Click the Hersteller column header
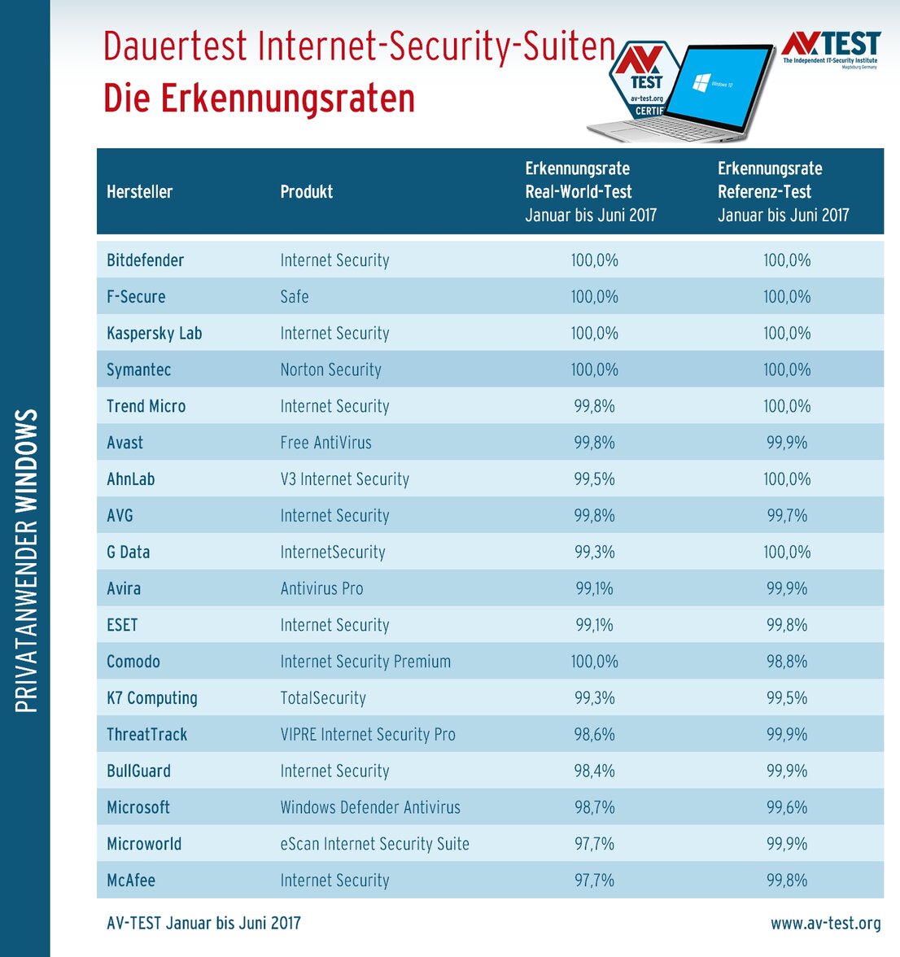click(139, 192)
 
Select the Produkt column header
click(306, 192)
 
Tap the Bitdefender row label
click(145, 260)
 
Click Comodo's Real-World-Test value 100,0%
click(594, 662)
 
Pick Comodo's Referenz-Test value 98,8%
click(786, 662)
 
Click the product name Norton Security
click(330, 370)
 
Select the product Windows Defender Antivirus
click(370, 807)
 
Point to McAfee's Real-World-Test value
click(594, 881)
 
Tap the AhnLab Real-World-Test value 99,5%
click(594, 479)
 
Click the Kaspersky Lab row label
click(154, 334)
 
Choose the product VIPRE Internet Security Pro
click(368, 735)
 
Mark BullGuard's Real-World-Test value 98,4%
click(594, 771)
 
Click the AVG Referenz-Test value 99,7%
click(786, 516)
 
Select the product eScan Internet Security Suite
click(374, 844)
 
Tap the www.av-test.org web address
click(825, 923)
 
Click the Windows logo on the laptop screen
click(701, 82)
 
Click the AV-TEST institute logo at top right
click(830, 48)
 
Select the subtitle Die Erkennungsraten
click(259, 98)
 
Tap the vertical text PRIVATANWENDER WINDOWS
click(27, 561)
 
